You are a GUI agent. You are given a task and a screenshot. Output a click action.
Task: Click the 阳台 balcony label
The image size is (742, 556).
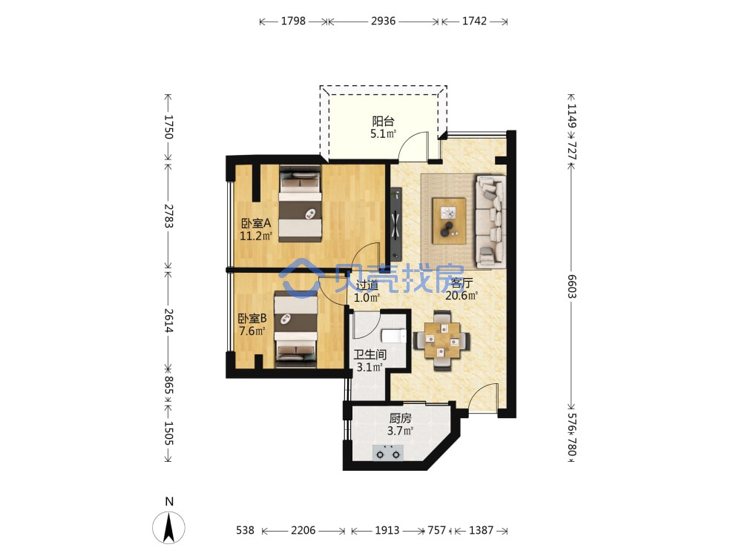[383, 121]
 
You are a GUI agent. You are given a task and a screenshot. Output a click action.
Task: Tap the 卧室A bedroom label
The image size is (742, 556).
[256, 222]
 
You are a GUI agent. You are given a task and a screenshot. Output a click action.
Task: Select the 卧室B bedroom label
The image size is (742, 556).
[252, 318]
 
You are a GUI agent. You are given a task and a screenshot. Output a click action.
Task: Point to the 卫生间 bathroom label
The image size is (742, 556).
[370, 354]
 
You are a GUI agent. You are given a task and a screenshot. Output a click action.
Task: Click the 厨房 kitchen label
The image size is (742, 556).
[401, 418]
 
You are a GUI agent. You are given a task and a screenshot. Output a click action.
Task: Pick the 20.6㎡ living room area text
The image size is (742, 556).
[462, 296]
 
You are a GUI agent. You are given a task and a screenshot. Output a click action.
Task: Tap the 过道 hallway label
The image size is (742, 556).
[367, 285]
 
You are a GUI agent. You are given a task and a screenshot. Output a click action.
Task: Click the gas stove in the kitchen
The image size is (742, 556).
[388, 453]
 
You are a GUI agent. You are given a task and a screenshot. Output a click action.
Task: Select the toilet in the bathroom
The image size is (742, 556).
[394, 336]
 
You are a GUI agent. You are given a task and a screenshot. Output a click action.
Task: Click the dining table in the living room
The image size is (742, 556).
[442, 340]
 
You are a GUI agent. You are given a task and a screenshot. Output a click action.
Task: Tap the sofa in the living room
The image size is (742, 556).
[490, 221]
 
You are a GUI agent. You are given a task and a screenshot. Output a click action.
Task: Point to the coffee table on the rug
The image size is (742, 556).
[449, 221]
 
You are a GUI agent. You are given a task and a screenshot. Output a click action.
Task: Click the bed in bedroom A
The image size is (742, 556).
[301, 203]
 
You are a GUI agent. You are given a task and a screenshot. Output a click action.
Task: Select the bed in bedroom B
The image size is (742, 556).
[296, 330]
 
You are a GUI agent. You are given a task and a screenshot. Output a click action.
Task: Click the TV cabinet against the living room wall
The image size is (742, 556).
[396, 224]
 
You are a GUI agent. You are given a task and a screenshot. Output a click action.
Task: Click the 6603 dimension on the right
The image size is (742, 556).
[571, 286]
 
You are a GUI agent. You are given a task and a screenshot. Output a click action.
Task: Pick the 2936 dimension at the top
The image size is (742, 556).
[384, 21]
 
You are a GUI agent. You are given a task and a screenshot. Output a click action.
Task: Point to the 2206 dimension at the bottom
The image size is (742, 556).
[303, 531]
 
